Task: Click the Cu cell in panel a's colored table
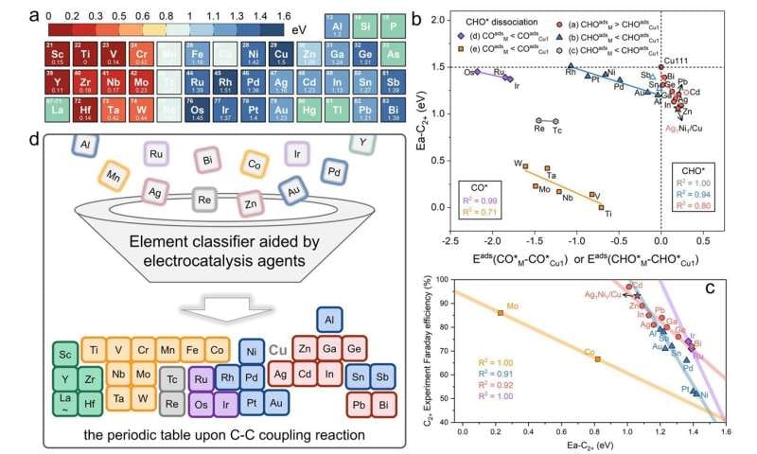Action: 280,56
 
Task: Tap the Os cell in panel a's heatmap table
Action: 198,113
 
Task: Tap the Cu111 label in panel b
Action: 676,61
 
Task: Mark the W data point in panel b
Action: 525,165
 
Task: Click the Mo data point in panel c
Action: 500,312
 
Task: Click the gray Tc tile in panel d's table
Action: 171,377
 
